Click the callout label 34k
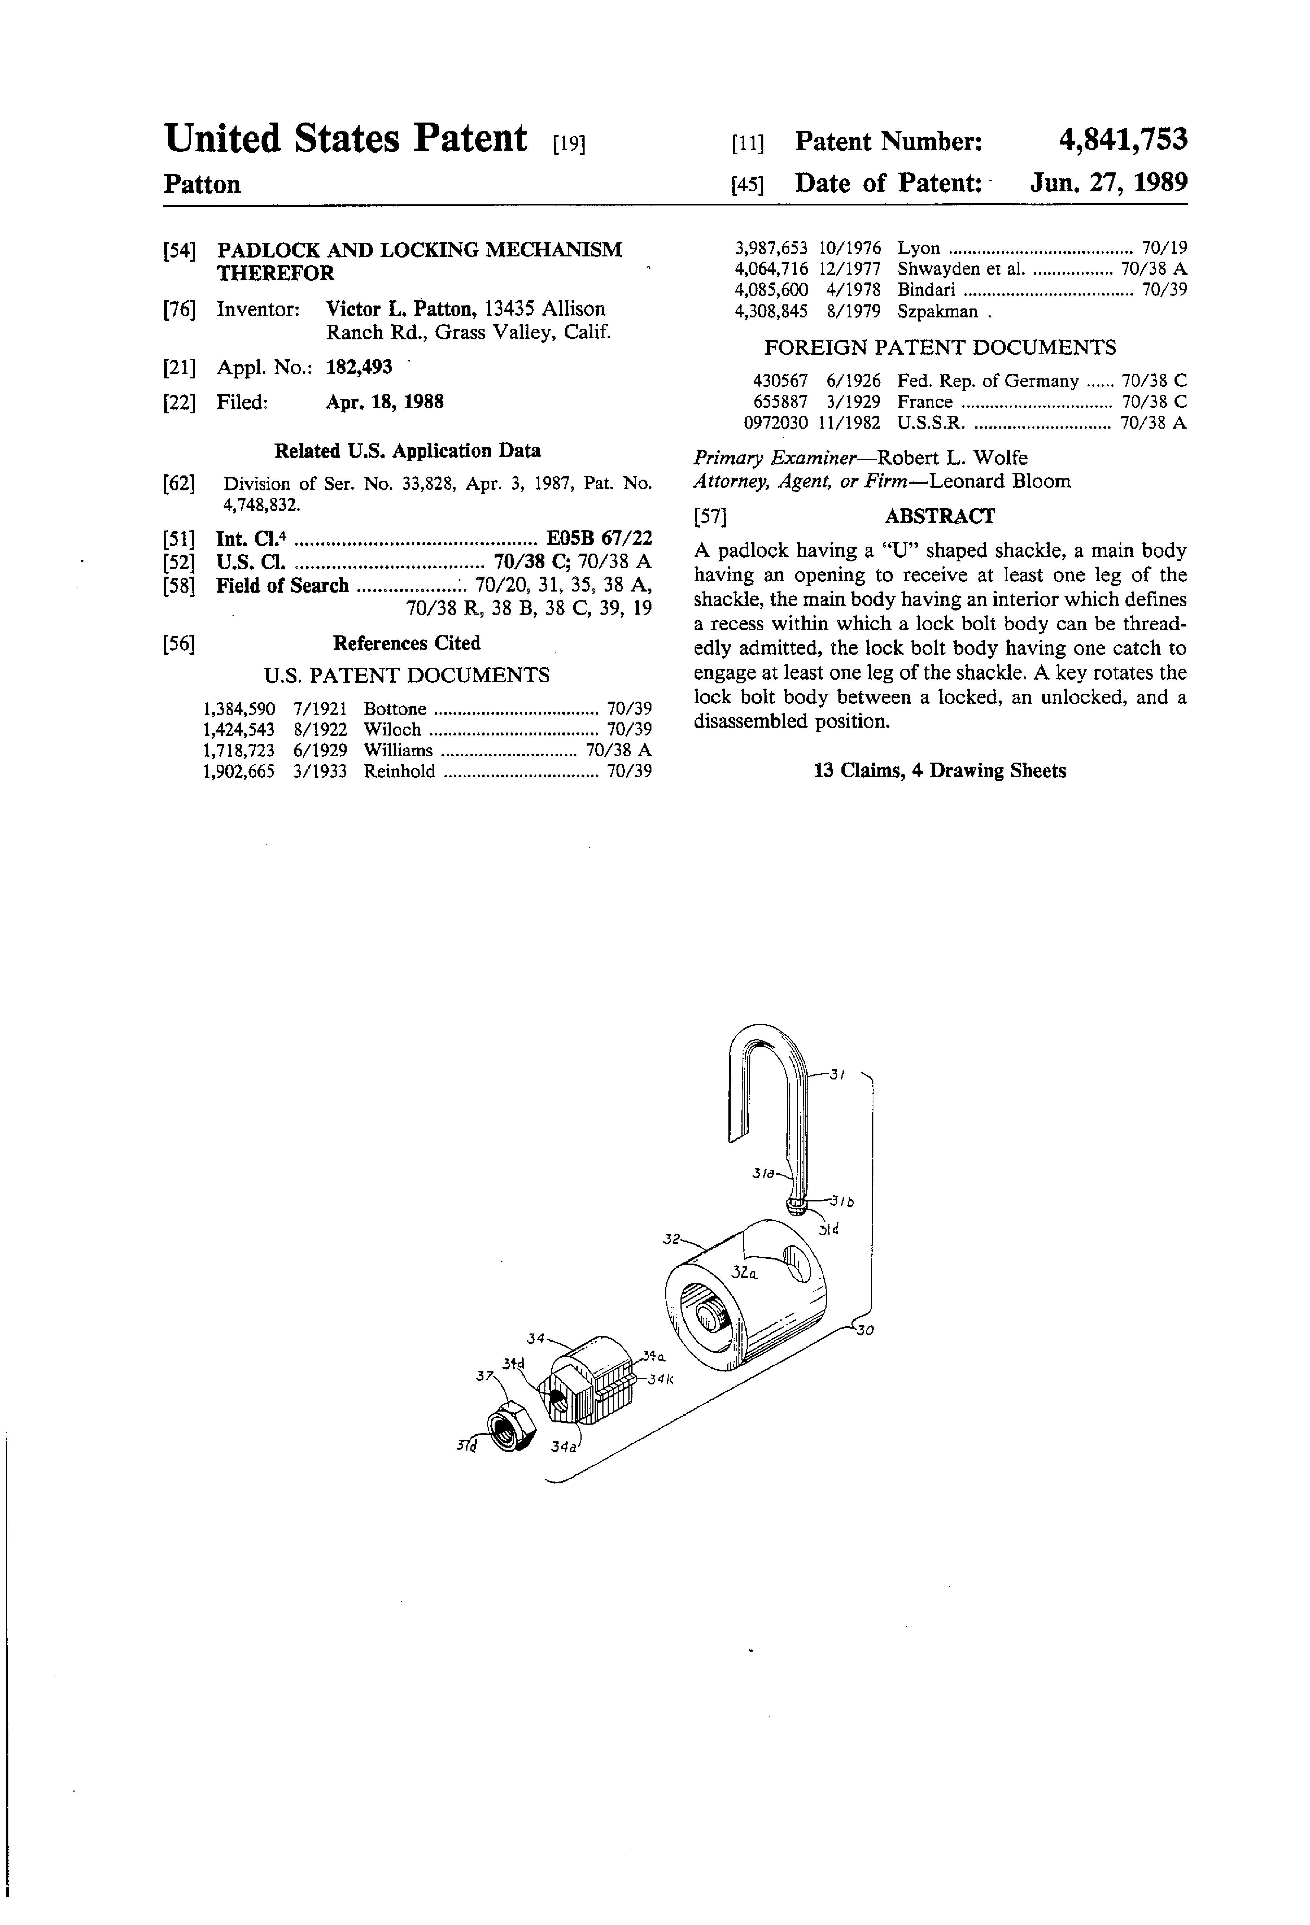click(x=660, y=1380)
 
